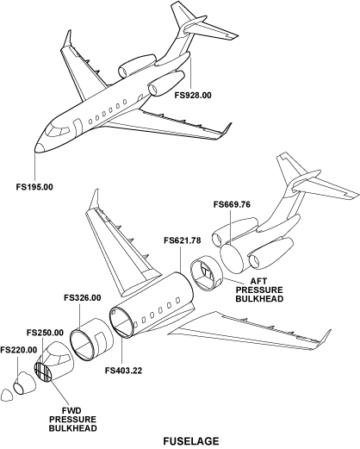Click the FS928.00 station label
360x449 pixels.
click(x=193, y=95)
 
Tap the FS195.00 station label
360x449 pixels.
click(x=34, y=187)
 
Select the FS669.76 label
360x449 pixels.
click(x=232, y=204)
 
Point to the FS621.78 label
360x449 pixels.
click(x=183, y=240)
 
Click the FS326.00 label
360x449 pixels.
click(x=83, y=297)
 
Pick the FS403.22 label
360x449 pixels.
click(x=123, y=371)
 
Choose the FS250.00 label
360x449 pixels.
click(x=45, y=333)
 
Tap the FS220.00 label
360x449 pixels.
click(x=19, y=350)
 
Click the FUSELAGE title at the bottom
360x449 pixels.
click(x=191, y=441)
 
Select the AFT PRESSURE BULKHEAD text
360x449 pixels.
click(x=259, y=290)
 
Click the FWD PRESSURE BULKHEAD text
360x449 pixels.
click(x=72, y=419)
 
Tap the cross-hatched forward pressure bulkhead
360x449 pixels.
click(x=42, y=372)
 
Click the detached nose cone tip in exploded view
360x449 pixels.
click(x=7, y=395)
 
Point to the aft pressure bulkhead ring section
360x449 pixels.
click(x=207, y=273)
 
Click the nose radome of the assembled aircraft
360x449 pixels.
click(x=40, y=147)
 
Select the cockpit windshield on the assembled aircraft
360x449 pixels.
click(x=58, y=131)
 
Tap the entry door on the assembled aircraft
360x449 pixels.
click(x=78, y=127)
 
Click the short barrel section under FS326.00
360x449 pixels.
click(x=91, y=340)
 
